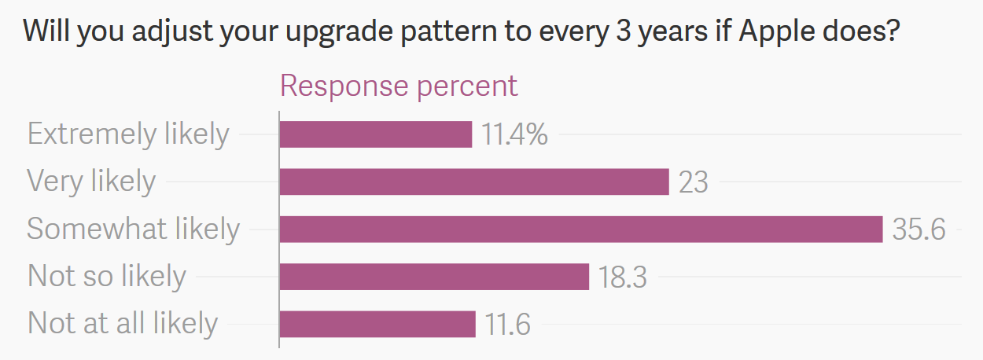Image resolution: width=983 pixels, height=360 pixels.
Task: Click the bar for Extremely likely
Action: click(375, 134)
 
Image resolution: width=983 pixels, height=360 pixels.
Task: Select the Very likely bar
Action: click(473, 182)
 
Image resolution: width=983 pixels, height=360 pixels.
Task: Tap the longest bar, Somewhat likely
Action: click(580, 229)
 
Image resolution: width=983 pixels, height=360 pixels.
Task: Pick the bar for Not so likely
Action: click(433, 276)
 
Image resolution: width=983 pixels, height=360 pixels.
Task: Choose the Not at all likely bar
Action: click(377, 323)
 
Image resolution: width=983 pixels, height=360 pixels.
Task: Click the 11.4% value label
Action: click(514, 135)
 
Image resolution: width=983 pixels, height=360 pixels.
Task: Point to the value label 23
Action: click(693, 182)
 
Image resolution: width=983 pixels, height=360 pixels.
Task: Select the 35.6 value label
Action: click(919, 230)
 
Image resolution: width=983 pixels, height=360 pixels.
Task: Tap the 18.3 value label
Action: click(623, 277)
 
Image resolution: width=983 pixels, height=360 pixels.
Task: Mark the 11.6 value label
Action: click(506, 324)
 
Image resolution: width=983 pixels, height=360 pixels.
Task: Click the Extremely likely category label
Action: click(128, 134)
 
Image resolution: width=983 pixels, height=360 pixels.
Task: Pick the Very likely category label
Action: click(91, 182)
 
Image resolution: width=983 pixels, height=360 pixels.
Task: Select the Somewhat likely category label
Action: click(133, 229)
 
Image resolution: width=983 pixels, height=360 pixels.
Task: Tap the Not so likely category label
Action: click(106, 276)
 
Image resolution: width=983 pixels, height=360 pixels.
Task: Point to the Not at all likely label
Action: click(122, 323)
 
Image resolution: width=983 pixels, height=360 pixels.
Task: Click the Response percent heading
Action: click(399, 86)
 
